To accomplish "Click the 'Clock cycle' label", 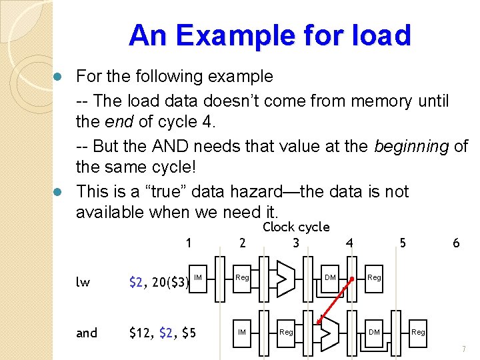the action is [x=296, y=227].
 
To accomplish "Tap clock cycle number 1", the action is [x=189, y=243].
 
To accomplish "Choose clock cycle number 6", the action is [x=456, y=243].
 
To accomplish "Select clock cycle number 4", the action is [x=349, y=243].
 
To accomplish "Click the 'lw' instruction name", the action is [x=83, y=282].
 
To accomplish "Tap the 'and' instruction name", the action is [x=87, y=332].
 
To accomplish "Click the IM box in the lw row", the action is [x=198, y=277].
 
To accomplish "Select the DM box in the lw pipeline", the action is [x=330, y=277].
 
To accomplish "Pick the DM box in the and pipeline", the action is [x=374, y=331].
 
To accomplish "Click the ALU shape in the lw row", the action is [x=286, y=274].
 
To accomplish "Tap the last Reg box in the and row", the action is [x=418, y=331].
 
